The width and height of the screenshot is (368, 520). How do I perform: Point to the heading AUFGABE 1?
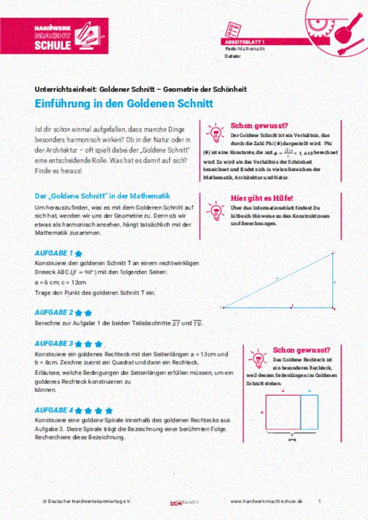(x=55, y=252)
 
